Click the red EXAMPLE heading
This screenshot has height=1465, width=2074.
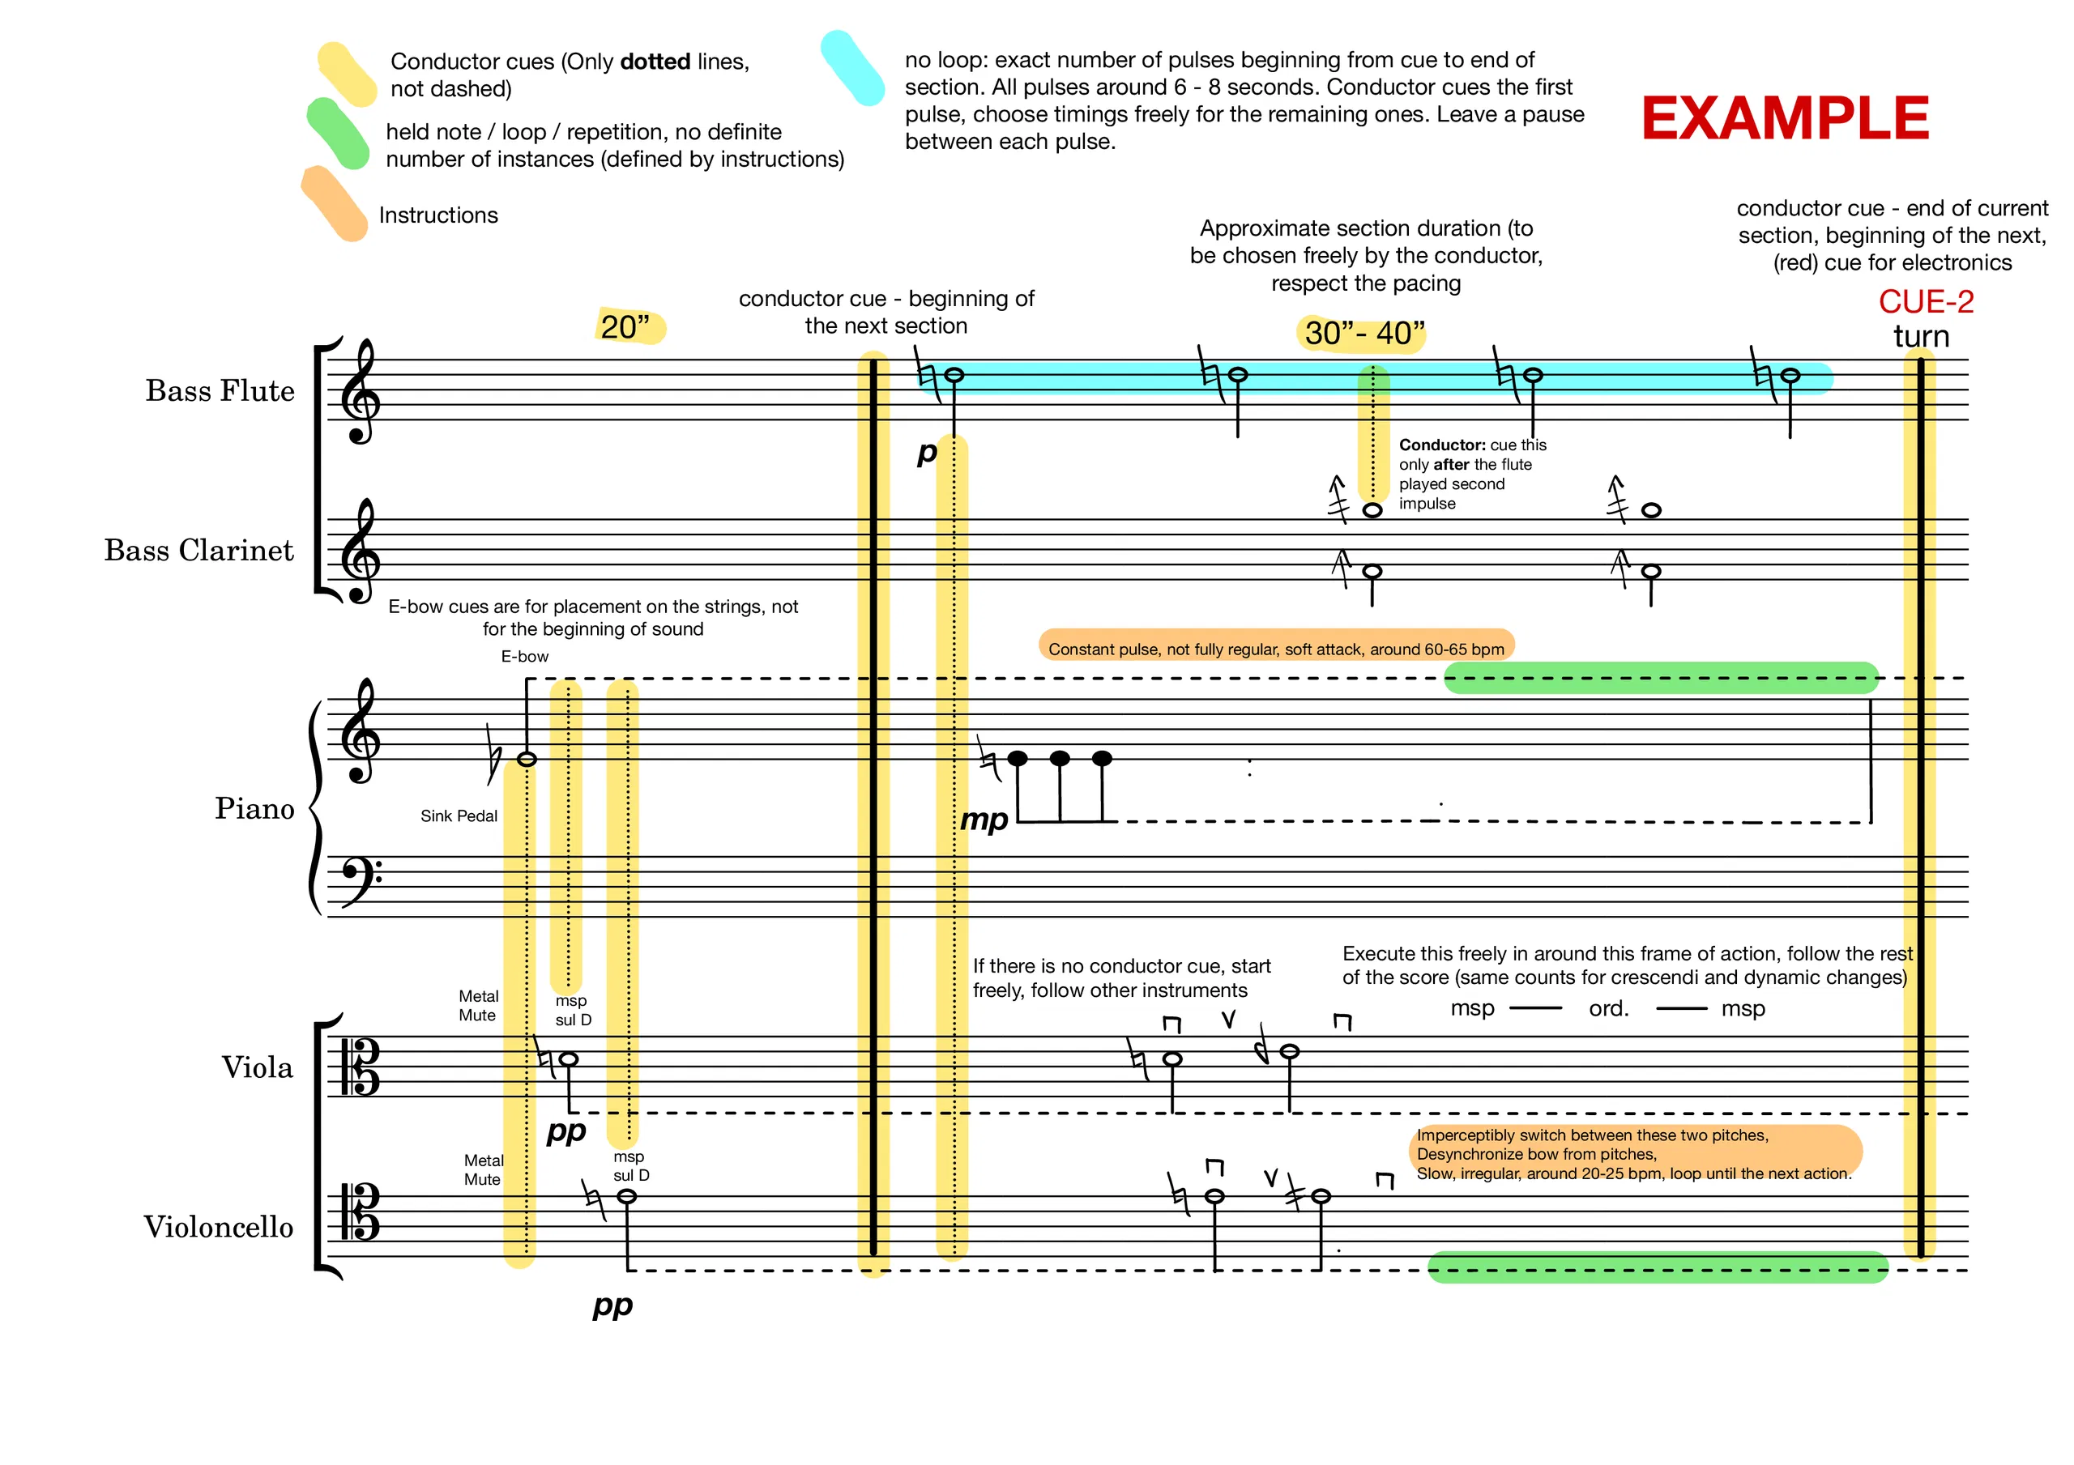[x=1785, y=118]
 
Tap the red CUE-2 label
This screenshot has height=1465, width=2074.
[x=1926, y=302]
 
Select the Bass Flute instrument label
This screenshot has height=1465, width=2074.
[x=220, y=391]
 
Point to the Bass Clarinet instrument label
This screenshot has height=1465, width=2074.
[x=198, y=550]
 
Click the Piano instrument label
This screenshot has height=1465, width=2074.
[x=254, y=808]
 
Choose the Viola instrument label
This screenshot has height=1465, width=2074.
[x=258, y=1067]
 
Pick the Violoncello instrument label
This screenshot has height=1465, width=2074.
[x=219, y=1227]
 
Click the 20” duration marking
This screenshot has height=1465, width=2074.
[x=625, y=327]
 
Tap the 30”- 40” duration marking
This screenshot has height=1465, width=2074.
[x=1364, y=334]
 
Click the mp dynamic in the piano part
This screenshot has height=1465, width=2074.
[x=984, y=820]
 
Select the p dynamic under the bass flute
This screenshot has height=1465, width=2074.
[x=927, y=454]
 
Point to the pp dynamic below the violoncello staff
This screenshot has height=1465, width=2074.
[x=612, y=1306]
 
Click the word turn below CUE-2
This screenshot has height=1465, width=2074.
[x=1922, y=337]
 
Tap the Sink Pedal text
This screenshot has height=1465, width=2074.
[x=459, y=816]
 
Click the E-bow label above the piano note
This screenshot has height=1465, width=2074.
[x=525, y=657]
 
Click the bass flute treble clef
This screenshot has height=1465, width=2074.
[x=361, y=391]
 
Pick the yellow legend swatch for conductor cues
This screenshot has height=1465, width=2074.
[x=347, y=74]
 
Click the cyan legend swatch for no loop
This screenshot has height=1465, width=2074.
[x=853, y=68]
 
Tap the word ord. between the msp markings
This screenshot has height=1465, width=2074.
[x=1609, y=1008]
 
